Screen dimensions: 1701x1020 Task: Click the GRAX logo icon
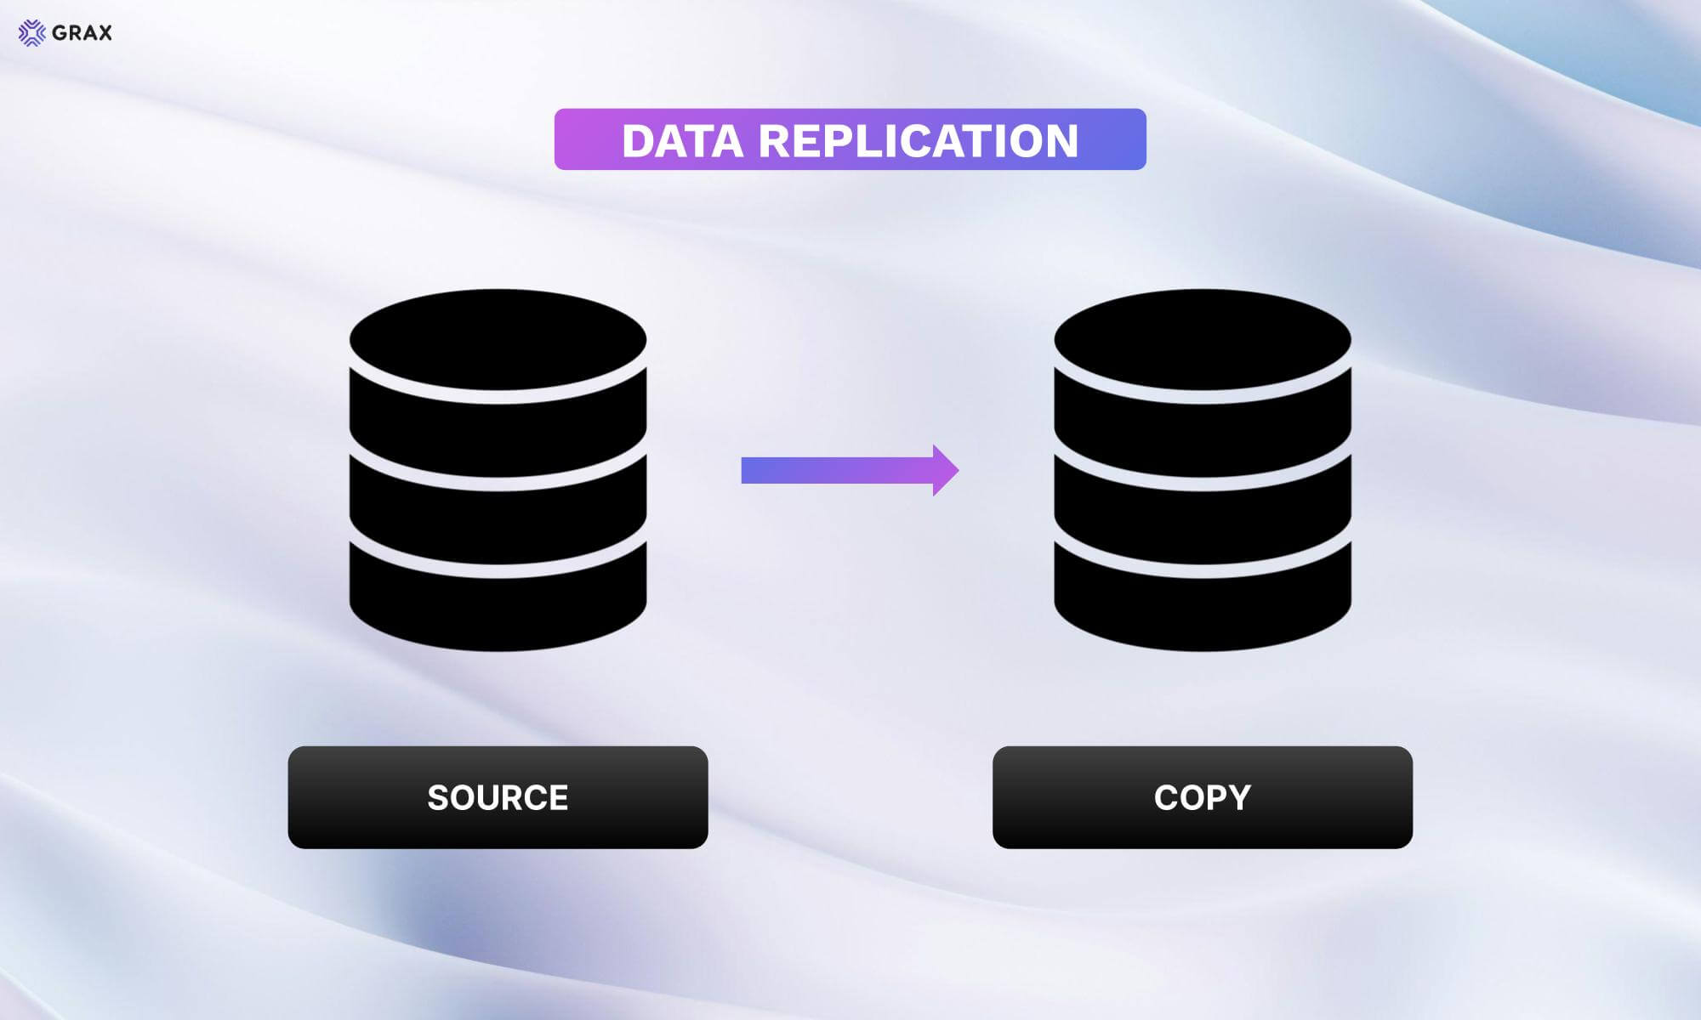[x=31, y=33]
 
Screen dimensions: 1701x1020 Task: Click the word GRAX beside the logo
[x=82, y=33]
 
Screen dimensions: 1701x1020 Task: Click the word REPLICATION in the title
[x=919, y=141]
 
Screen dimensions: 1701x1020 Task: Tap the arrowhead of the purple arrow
[x=945, y=470]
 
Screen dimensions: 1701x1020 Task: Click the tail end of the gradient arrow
[x=742, y=470]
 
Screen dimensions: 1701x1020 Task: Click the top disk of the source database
[x=498, y=340]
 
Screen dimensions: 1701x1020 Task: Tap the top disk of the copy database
[x=1203, y=340]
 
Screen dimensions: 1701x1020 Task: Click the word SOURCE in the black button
[x=498, y=798]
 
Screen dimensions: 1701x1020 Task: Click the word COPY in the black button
[x=1203, y=798]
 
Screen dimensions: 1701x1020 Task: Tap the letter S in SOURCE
[x=438, y=798]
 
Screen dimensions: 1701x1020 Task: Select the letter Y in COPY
[x=1239, y=798]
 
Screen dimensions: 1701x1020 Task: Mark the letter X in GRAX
[x=104, y=33]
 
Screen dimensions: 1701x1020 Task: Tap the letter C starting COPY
[x=1166, y=798]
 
